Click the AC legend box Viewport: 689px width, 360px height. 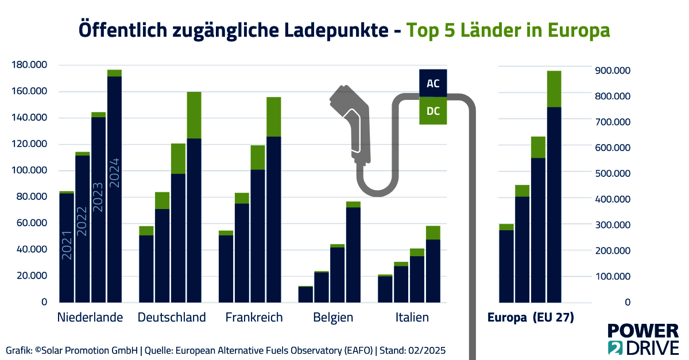click(433, 84)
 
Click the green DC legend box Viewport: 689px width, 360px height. click(433, 111)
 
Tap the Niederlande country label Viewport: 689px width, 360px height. click(90, 318)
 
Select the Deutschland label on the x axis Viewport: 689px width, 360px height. click(172, 318)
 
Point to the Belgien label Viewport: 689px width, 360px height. click(333, 318)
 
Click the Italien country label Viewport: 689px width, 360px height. click(412, 318)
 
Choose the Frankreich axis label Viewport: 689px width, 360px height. click(254, 318)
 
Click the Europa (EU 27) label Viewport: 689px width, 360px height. click(531, 318)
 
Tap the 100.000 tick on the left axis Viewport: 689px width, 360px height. click(29, 171)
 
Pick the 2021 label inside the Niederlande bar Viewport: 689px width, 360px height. click(67, 245)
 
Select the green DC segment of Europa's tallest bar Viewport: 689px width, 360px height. click(554, 89)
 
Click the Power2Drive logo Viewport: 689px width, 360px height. click(642, 339)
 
